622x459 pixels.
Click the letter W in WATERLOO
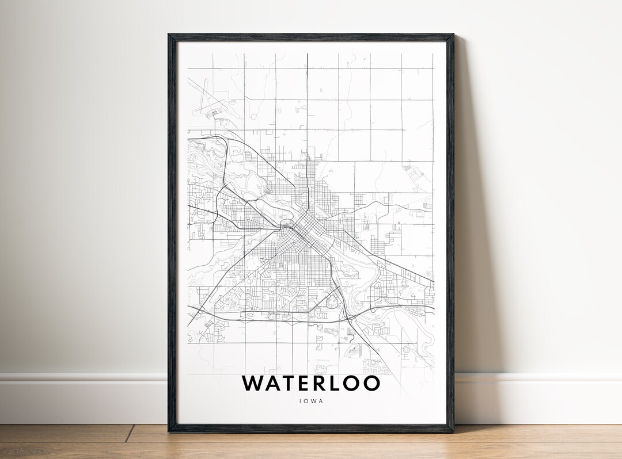(253, 383)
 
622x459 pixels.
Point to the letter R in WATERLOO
(325, 383)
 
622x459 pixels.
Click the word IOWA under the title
(311, 401)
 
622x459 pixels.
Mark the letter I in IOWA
(301, 401)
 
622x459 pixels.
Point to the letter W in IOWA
(313, 401)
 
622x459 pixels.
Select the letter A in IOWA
(321, 401)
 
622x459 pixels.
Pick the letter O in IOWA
(306, 401)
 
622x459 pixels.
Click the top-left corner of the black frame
(169, 35)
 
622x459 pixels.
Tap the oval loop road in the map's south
(332, 301)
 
